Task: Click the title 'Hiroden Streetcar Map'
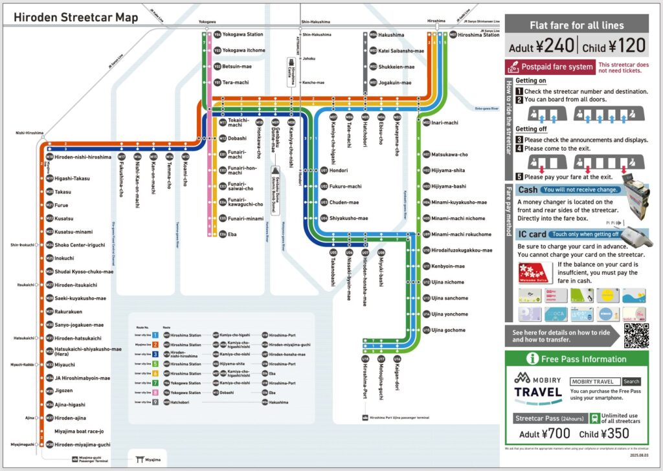[x=76, y=17]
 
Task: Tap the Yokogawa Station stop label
[x=243, y=34]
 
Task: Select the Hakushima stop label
[x=391, y=34]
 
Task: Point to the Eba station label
[x=232, y=234]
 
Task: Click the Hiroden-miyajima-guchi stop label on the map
[x=82, y=445]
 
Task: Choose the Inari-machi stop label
[x=445, y=122]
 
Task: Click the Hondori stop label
[x=339, y=171]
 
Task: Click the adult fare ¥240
[x=541, y=47]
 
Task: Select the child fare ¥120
[x=614, y=47]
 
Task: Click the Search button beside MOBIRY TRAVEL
[x=631, y=382]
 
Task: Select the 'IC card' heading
[x=532, y=234]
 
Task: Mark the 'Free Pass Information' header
[x=585, y=359]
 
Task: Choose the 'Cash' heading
[x=528, y=190]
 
